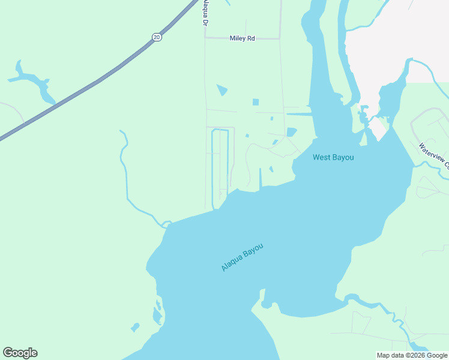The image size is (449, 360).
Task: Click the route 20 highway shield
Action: point(157,37)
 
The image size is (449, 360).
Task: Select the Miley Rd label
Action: point(243,38)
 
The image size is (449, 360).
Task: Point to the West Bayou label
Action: point(333,157)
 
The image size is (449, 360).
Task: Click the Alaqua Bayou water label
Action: point(242,257)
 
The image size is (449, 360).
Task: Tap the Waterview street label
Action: point(433,154)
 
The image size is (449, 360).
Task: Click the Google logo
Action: point(20,353)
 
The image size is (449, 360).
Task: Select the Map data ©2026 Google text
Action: point(412,355)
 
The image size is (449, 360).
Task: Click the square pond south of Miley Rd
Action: point(256,102)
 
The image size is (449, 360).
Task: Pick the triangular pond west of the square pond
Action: point(222,90)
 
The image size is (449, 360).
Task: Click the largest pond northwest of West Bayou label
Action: point(292,132)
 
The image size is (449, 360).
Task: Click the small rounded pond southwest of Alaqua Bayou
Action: point(135,328)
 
